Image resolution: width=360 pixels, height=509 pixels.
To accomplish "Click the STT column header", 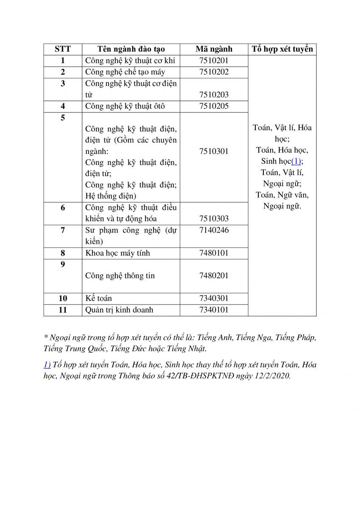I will tap(63, 49).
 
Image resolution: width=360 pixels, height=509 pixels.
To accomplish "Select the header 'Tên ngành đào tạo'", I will tap(131, 49).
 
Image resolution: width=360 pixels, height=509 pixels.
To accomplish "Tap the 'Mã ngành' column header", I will tap(214, 49).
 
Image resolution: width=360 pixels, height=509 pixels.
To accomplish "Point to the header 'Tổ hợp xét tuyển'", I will tap(282, 49).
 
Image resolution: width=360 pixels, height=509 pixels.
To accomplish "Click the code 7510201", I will tap(214, 61).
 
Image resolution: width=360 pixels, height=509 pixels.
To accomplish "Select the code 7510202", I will tap(214, 72).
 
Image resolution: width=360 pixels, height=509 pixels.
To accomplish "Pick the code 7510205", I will tap(214, 106).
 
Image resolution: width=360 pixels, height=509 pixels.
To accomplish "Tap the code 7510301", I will tap(214, 151).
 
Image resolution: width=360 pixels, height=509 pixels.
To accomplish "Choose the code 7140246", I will tap(214, 230).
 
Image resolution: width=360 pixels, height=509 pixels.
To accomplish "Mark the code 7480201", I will tap(214, 275).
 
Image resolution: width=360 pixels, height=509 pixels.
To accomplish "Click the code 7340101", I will tap(214, 310).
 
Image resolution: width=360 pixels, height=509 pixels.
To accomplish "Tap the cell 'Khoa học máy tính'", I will tap(117, 253).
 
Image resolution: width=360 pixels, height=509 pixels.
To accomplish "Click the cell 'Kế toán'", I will tap(99, 298).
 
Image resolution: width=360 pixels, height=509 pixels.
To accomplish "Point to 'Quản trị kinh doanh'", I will tap(119, 310).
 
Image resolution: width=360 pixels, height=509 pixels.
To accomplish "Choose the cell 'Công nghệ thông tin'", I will tap(120, 275).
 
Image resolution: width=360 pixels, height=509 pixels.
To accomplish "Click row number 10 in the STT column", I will tap(63, 298).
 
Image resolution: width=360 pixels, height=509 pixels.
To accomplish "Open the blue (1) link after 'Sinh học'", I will tap(296, 161).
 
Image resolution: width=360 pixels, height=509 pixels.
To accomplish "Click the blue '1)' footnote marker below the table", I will tap(47, 364).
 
